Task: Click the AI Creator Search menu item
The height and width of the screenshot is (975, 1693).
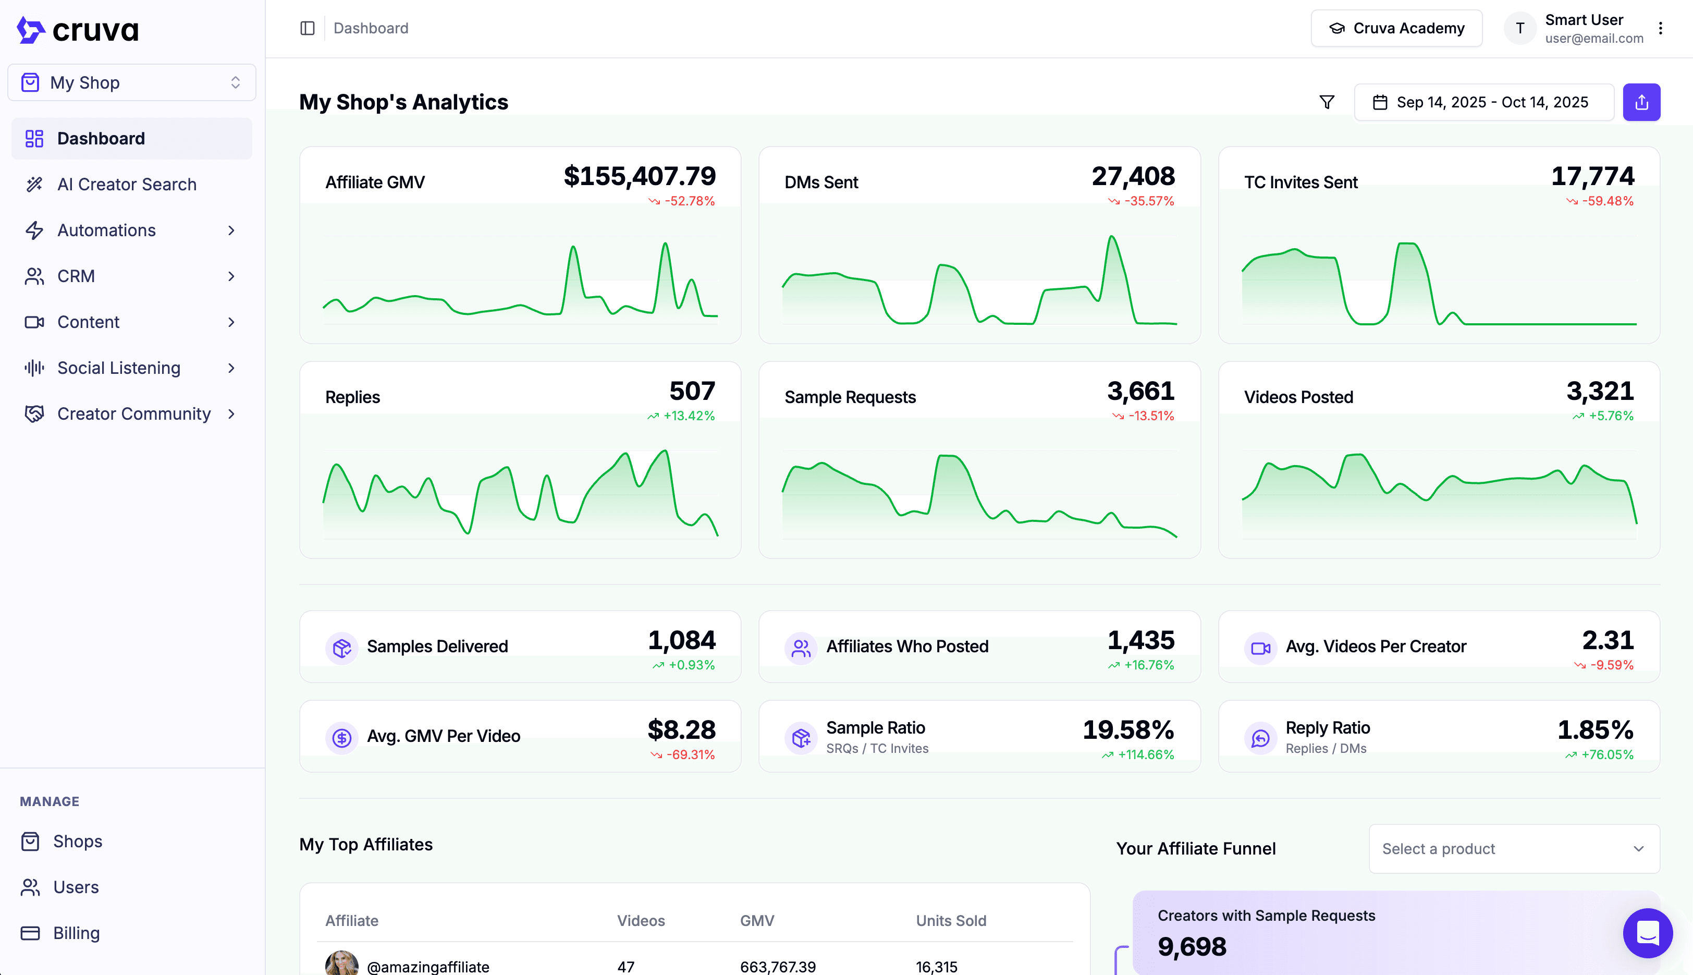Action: click(x=127, y=184)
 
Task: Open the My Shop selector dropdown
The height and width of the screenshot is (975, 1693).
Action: click(x=132, y=82)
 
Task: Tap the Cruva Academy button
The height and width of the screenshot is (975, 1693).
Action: click(x=1396, y=28)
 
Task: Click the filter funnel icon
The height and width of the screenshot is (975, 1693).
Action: click(x=1327, y=102)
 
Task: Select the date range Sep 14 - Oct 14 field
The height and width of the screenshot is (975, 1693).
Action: click(x=1483, y=102)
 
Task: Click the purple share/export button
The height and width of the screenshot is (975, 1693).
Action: click(x=1641, y=102)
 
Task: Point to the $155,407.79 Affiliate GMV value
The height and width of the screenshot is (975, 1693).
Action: click(x=640, y=176)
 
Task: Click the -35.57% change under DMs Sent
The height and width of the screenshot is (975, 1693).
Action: click(x=1149, y=201)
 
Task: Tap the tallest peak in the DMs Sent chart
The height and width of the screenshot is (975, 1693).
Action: click(x=1111, y=237)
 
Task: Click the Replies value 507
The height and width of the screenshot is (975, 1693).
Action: click(x=692, y=391)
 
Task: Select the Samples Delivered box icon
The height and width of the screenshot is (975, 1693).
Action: click(x=342, y=648)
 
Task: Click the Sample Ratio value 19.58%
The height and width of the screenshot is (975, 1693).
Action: click(x=1128, y=730)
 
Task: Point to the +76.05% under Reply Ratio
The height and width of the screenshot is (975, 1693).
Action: click(x=1606, y=754)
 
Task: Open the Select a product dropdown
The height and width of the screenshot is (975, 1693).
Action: click(x=1514, y=848)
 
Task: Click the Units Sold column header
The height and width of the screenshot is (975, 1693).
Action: click(x=951, y=921)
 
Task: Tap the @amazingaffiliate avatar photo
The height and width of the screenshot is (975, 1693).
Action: click(x=341, y=964)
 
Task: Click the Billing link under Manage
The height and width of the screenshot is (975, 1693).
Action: click(x=76, y=933)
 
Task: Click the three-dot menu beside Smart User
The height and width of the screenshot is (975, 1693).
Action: click(x=1660, y=28)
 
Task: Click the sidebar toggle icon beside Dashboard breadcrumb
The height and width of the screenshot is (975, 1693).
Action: click(x=307, y=28)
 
